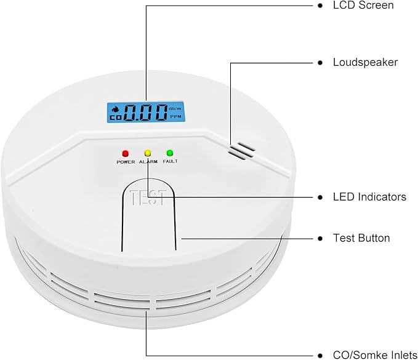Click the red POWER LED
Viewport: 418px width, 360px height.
coord(126,154)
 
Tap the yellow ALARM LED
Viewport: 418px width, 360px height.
coord(148,153)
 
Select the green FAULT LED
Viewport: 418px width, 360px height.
coord(170,153)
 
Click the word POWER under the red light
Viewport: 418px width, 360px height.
coord(126,162)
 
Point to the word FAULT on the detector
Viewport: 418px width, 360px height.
coord(170,161)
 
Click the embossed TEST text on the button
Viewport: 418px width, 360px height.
coord(148,198)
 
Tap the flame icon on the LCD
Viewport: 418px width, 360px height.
coord(116,109)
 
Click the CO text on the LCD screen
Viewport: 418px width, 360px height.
coord(116,117)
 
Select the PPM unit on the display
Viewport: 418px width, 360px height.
coord(175,117)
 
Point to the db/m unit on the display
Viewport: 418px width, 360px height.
coord(175,108)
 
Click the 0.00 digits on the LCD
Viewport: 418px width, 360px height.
coord(145,113)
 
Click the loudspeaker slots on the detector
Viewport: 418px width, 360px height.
coord(241,151)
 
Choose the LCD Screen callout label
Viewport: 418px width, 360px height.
coord(363,6)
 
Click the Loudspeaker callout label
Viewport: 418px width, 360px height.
coord(365,62)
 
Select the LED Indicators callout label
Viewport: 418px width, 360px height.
coord(369,197)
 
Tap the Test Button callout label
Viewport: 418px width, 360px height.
coord(361,238)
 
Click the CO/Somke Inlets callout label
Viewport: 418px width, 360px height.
coord(375,355)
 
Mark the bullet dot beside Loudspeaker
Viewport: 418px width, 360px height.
coord(320,63)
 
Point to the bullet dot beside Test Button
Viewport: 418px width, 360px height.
coord(320,239)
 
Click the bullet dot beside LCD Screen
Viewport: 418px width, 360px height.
coord(320,6)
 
